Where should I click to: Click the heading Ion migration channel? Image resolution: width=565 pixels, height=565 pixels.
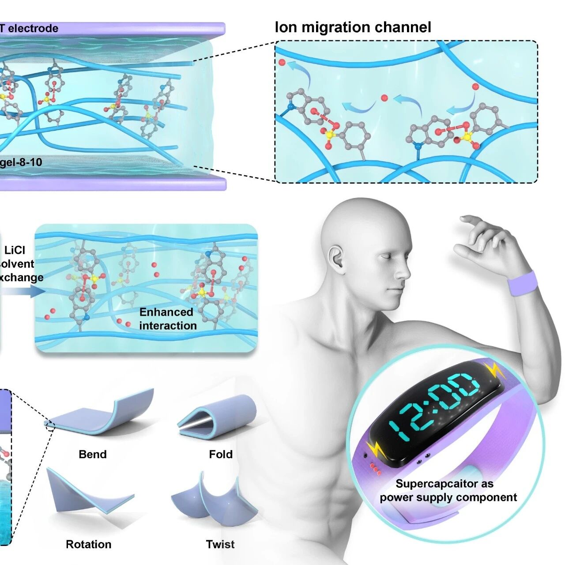tap(353, 27)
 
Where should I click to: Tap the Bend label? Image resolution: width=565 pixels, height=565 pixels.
tap(93, 454)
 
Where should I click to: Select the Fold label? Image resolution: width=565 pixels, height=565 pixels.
tap(221, 454)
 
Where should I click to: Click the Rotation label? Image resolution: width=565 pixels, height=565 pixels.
tap(89, 544)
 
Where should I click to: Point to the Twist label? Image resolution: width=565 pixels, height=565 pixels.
tap(220, 544)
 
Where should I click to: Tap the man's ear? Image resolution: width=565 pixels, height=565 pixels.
tap(337, 258)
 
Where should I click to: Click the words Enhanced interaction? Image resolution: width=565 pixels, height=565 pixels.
tap(167, 319)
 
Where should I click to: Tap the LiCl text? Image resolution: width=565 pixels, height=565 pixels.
tap(15, 250)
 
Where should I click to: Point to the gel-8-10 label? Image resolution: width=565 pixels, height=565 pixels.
tap(21, 162)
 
